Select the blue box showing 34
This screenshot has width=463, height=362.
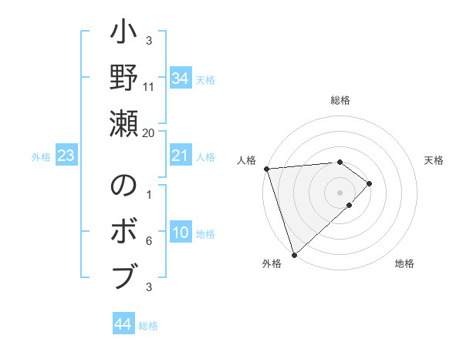[180, 79]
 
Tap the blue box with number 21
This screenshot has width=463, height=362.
[180, 156]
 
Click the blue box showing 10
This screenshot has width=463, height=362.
[180, 233]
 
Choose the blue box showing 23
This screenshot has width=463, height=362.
[66, 156]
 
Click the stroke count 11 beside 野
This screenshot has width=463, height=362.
[149, 86]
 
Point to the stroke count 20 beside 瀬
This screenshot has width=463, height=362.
[149, 132]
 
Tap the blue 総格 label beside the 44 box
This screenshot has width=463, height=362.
[148, 326]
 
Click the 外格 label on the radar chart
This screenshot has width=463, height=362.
[271, 264]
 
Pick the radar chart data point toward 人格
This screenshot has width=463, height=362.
[266, 169]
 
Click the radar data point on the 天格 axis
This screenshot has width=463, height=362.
[370, 183]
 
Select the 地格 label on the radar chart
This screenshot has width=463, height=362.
[404, 264]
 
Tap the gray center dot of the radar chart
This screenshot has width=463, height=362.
[340, 192]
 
